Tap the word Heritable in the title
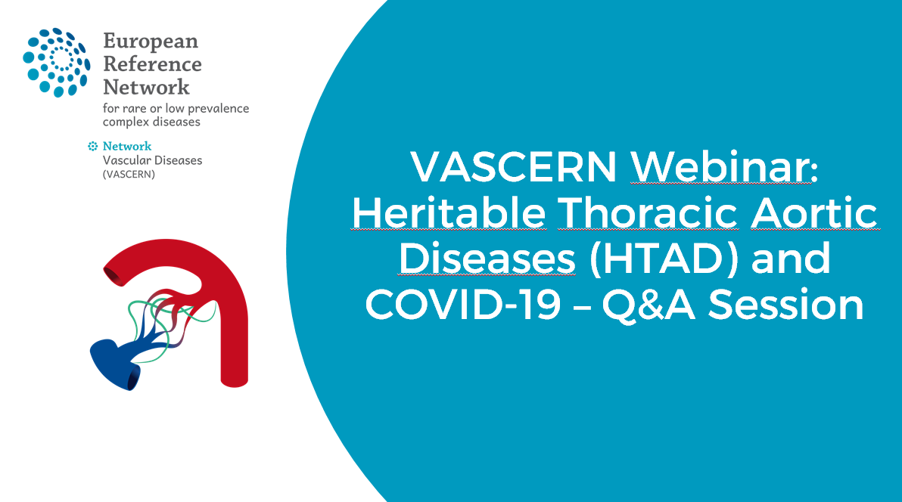(448, 213)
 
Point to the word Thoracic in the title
(648, 213)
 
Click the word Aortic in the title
(813, 213)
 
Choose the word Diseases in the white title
(487, 259)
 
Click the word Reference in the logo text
(152, 64)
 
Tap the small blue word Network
(126, 146)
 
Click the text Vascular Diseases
(152, 160)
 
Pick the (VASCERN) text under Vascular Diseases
(129, 174)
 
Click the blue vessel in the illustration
(114, 360)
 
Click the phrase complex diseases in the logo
(151, 121)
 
